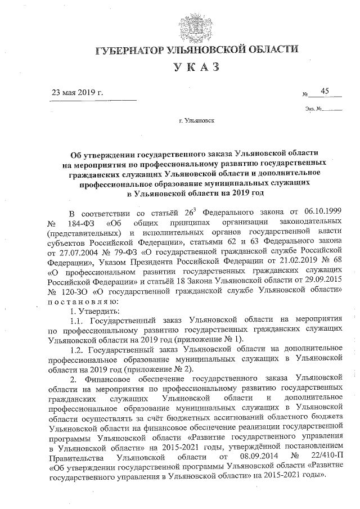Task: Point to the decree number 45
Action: tap(325, 91)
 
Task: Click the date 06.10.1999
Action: tap(319, 214)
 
